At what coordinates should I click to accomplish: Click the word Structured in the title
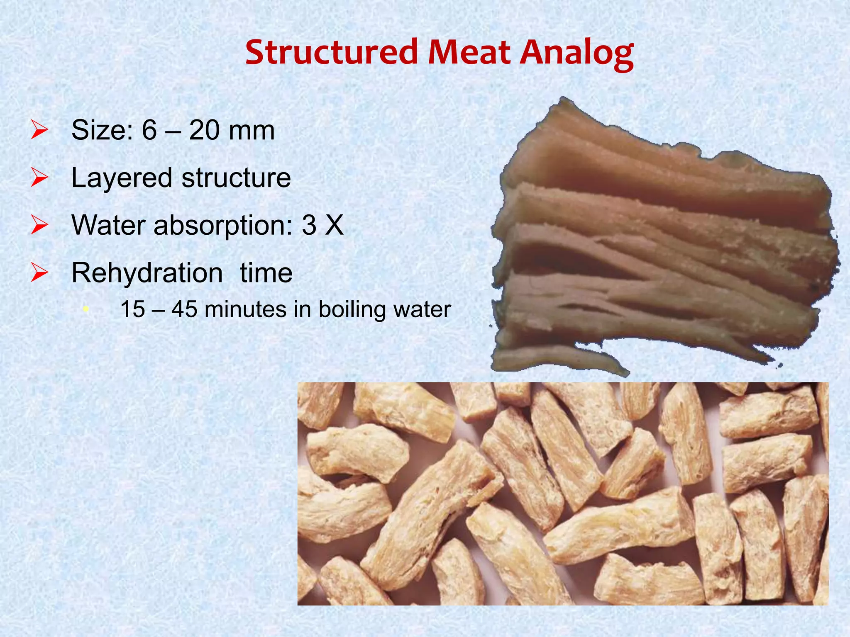331,52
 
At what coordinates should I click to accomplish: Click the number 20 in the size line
204,130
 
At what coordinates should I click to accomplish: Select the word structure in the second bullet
236,178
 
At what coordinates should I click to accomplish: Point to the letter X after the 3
334,226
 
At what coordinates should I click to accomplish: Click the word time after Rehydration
266,273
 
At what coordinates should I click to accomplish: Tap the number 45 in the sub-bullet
184,309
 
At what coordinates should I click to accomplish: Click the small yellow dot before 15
85,309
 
